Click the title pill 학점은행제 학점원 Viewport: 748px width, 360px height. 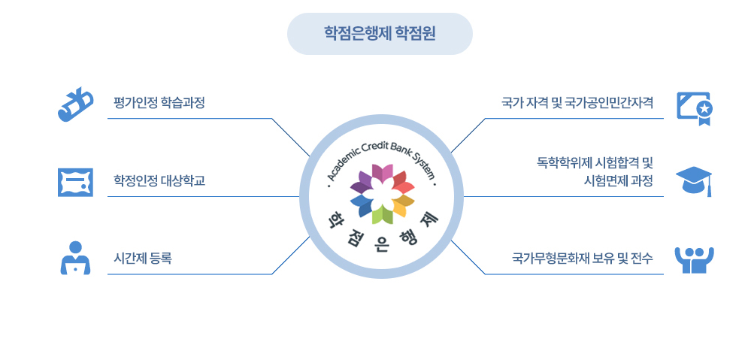[x=380, y=34]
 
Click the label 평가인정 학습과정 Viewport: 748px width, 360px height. [x=159, y=102]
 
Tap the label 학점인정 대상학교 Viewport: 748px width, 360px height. [x=159, y=180]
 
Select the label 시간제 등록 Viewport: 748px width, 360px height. [x=143, y=259]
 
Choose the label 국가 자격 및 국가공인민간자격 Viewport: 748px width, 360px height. [x=577, y=102]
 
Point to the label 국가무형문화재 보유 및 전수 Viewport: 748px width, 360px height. [x=582, y=259]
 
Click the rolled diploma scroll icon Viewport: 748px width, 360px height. [x=75, y=104]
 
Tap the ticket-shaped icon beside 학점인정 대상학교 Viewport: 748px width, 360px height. [x=75, y=182]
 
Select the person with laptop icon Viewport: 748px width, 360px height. [x=75, y=258]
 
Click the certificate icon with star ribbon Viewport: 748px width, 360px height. [x=694, y=107]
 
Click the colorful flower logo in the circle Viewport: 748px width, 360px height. [x=382, y=194]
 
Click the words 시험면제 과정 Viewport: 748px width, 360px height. [x=618, y=181]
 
